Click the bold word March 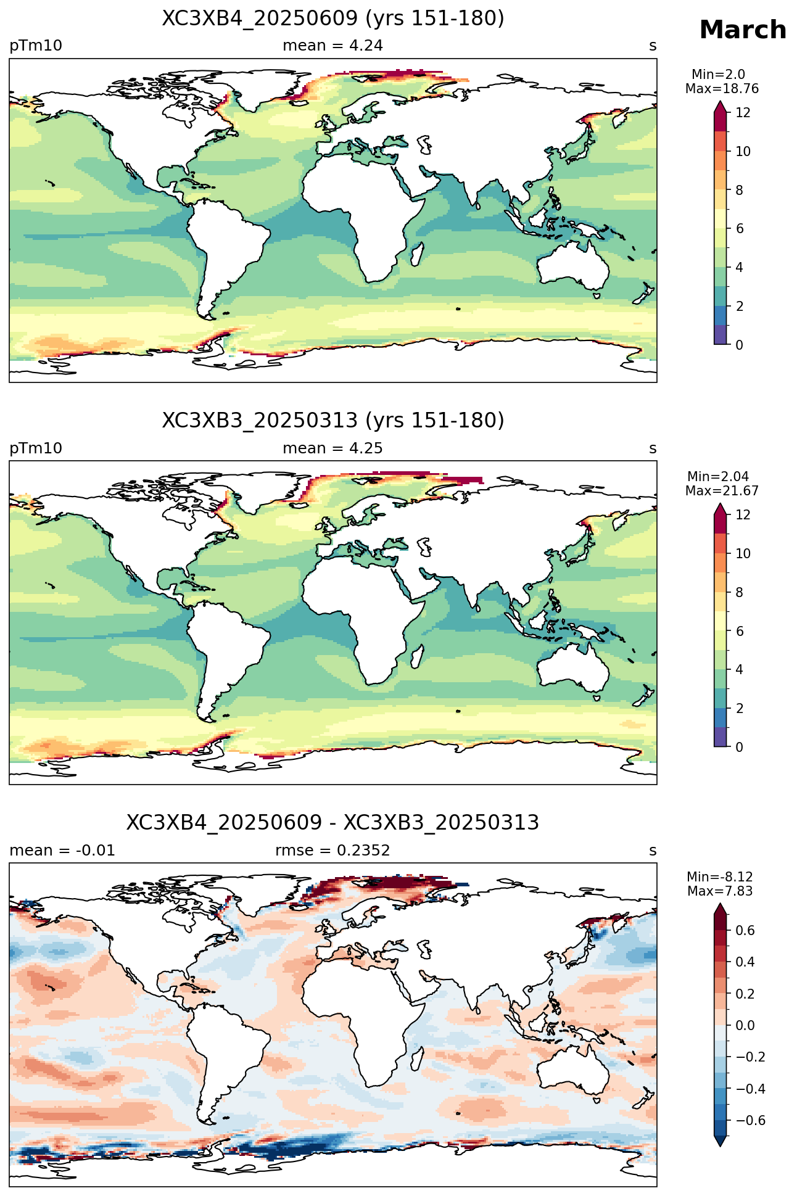(x=743, y=30)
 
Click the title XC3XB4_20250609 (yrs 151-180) (x=333, y=19)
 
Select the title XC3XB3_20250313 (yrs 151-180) (x=333, y=421)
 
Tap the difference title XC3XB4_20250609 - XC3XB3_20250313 (x=333, y=823)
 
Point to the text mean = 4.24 (x=333, y=46)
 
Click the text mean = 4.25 (x=333, y=448)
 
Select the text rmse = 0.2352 (x=332, y=851)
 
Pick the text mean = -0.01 (x=62, y=851)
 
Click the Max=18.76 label (x=722, y=89)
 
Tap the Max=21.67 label (x=722, y=491)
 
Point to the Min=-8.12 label (x=720, y=877)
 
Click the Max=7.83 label (x=720, y=891)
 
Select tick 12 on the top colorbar (x=743, y=112)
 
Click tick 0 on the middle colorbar (x=739, y=747)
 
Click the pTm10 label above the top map (x=36, y=46)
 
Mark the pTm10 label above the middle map (x=36, y=448)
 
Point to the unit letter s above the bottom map (x=653, y=851)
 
